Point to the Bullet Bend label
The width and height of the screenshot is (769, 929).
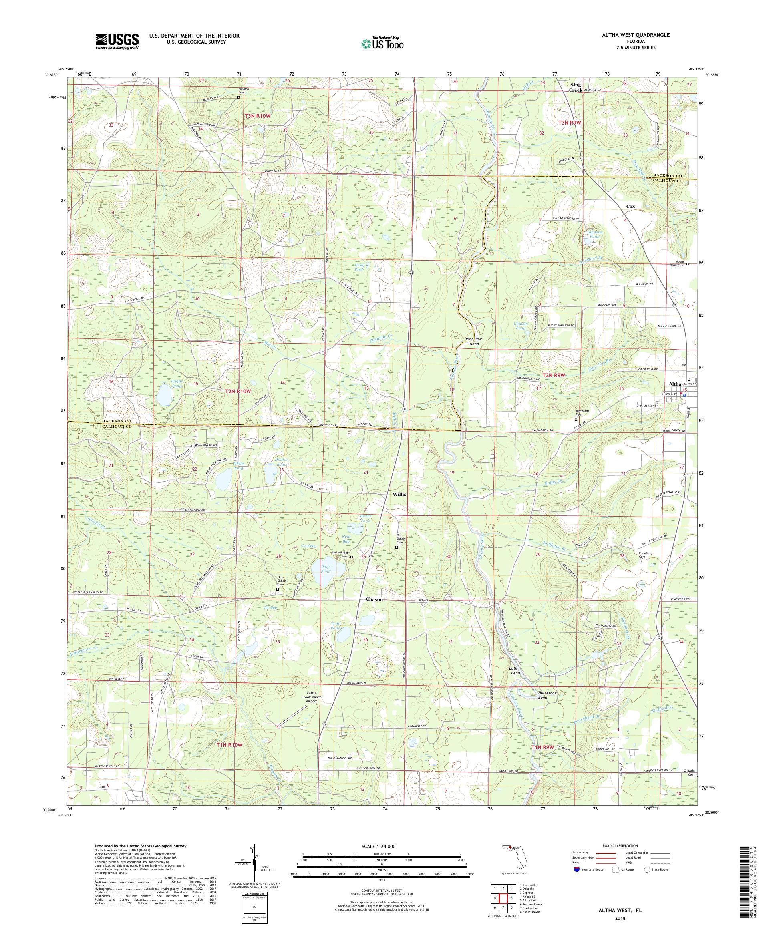pos(515,670)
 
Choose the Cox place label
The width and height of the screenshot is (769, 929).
pos(630,206)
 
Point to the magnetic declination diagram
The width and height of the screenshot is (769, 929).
pos(254,869)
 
